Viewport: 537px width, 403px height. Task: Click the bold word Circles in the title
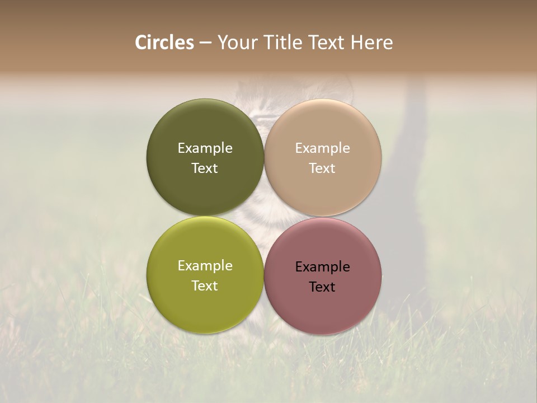tap(164, 43)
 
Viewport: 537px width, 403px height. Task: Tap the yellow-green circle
tap(205, 305)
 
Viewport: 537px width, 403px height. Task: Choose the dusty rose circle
tap(323, 308)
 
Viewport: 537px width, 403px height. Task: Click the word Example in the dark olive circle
tap(205, 148)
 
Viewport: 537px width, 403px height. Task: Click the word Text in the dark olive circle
tap(205, 168)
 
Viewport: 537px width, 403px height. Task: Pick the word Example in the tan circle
tap(323, 148)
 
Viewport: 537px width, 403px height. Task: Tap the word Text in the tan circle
tap(323, 168)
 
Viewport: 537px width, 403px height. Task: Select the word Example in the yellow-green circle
tap(205, 266)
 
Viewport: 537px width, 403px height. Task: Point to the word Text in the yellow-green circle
tap(205, 286)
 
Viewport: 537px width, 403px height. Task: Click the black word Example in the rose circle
tap(323, 267)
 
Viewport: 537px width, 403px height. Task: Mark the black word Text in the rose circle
tap(323, 287)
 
